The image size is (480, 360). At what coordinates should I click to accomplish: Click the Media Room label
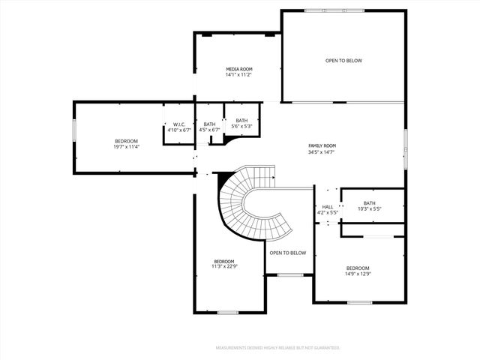(238, 69)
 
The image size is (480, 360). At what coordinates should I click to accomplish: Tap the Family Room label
(322, 145)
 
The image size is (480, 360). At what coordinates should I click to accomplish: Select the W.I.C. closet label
(179, 124)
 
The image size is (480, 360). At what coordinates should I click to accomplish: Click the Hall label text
(328, 207)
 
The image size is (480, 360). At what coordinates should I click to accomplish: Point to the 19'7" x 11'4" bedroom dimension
(126, 147)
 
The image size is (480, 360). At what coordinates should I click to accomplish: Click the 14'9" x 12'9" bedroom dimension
(358, 274)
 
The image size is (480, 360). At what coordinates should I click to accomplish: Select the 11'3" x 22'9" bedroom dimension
(223, 266)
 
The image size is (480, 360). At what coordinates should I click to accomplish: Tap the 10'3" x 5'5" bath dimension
(370, 208)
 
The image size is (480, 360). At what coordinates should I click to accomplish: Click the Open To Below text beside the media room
(343, 61)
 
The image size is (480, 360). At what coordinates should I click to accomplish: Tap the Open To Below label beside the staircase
(288, 253)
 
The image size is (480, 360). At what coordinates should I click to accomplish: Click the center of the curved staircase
(247, 201)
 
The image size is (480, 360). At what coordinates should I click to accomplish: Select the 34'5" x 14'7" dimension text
(322, 152)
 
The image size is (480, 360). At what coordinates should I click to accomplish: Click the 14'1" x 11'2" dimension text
(238, 75)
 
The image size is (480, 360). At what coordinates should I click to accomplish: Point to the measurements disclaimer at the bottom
(277, 348)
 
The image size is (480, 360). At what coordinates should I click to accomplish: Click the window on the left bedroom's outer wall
(73, 130)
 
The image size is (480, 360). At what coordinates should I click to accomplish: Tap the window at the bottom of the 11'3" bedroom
(227, 312)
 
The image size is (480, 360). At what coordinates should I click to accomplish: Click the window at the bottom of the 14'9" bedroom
(359, 302)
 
